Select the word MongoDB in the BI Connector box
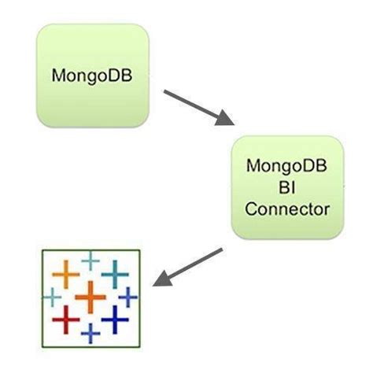[x=286, y=168]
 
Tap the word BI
[x=286, y=189]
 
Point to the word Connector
[x=286, y=209]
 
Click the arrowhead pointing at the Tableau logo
[x=161, y=279]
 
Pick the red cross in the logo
[x=65, y=319]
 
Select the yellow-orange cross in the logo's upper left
[x=66, y=275]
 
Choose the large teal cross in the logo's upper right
[x=115, y=273]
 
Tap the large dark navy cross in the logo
[x=115, y=318]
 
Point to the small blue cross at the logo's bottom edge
[x=91, y=334]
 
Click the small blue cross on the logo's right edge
[x=128, y=296]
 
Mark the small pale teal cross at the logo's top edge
[x=91, y=259]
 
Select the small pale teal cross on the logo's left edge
[x=52, y=297]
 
